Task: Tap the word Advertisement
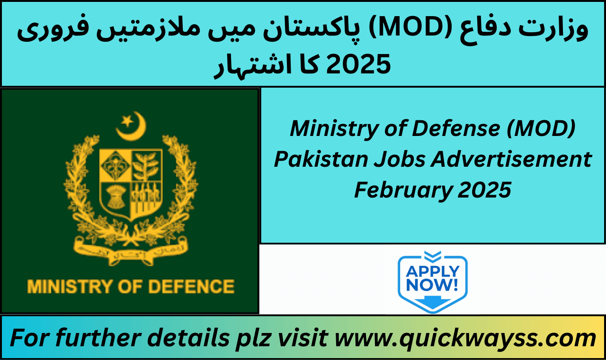[x=511, y=159]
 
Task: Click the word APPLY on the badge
[x=432, y=271]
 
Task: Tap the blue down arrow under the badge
[x=432, y=302]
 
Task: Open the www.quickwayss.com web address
[x=465, y=338]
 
